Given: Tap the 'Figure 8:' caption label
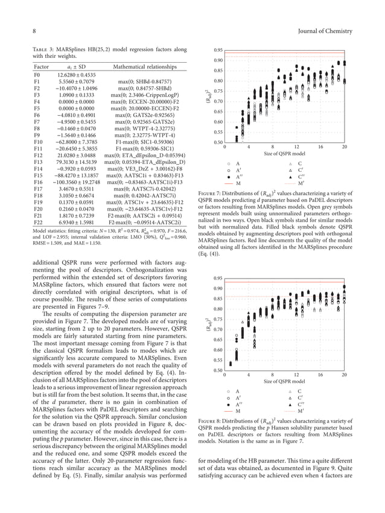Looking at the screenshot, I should pos(211,418).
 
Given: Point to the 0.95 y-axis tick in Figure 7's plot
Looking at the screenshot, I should pos(218,50).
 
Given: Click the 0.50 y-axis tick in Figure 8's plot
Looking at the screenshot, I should pos(218,370).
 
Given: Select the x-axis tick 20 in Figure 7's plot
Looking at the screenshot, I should pos(344,146).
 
